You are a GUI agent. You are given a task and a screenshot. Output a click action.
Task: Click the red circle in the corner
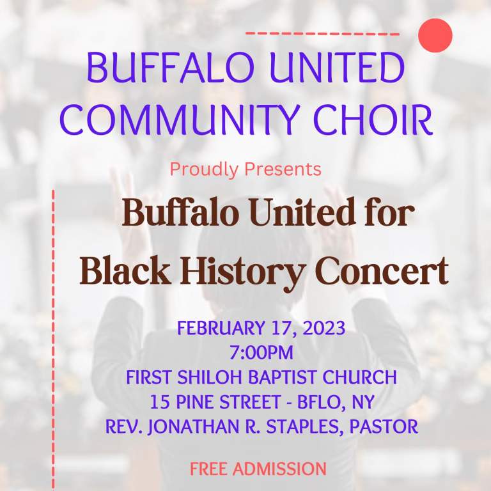pyautogui.click(x=435, y=35)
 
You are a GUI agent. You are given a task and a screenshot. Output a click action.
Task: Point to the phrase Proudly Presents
pyautogui.click(x=245, y=169)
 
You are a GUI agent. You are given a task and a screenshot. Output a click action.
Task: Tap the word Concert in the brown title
pyautogui.click(x=382, y=272)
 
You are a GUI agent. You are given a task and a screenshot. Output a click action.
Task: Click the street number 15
pyautogui.click(x=159, y=402)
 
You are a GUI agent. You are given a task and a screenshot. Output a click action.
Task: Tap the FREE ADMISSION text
pyautogui.click(x=258, y=469)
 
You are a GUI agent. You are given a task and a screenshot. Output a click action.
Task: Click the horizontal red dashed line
pyautogui.click(x=323, y=33)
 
